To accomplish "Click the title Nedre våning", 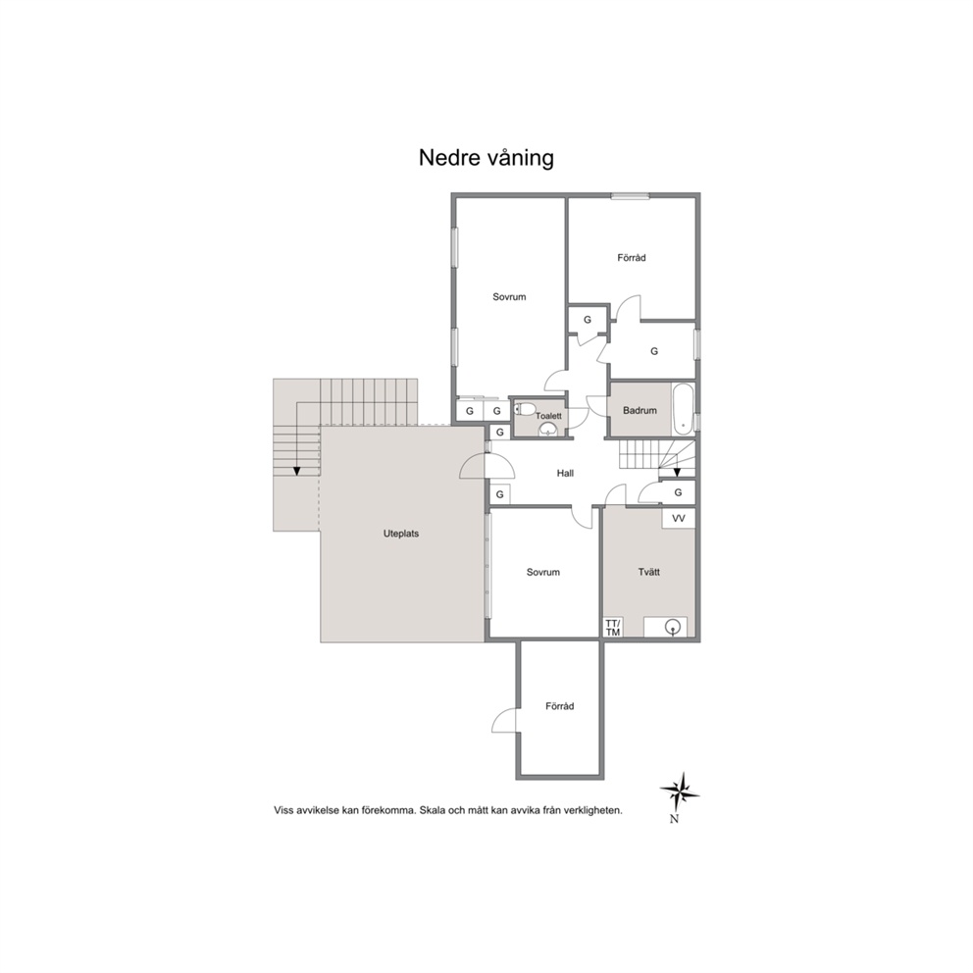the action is point(486,158).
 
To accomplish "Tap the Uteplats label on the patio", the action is point(401,533).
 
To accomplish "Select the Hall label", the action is point(565,473).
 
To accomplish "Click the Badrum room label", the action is point(640,410).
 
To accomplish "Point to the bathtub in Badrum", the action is point(683,409).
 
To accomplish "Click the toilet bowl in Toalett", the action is point(525,409).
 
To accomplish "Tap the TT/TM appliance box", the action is point(612,628).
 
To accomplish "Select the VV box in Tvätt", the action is point(678,518).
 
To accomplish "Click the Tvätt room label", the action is point(648,572).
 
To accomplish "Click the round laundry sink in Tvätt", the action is point(672,628).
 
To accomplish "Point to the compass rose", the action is point(680,793).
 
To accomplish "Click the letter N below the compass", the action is point(675,819).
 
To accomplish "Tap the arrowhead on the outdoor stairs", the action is point(296,471).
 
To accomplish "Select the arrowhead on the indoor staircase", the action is point(677,472).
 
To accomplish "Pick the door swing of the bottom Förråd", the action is point(505,721).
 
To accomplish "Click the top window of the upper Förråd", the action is point(630,196).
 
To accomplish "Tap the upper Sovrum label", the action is point(509,296).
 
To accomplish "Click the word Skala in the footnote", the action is point(433,810).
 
